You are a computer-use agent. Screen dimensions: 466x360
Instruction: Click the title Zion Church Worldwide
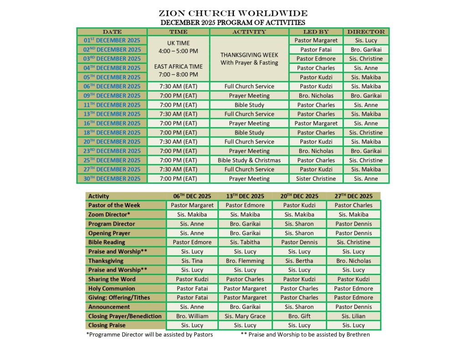233,13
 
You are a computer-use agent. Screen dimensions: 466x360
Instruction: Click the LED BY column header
316,32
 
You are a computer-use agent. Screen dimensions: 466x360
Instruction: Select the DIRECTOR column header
366,32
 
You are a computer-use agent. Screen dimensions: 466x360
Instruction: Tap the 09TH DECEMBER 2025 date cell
112,96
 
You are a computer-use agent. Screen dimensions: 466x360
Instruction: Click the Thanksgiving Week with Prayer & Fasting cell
249,58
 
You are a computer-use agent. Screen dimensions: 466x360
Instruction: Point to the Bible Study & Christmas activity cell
249,160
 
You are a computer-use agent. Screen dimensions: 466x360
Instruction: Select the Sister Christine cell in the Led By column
316,179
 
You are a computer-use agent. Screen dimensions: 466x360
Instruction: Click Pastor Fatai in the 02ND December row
316,50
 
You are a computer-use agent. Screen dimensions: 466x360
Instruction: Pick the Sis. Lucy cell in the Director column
366,41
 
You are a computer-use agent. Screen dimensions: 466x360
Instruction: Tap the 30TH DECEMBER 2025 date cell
112,179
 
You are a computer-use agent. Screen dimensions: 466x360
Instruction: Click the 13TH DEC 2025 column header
245,196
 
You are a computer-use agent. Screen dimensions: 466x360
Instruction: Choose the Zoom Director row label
109,214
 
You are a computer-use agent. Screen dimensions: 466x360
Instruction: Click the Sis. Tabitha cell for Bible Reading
245,242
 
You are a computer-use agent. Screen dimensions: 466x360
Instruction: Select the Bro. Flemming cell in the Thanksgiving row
245,261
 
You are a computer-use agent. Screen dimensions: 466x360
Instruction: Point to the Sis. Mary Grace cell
245,316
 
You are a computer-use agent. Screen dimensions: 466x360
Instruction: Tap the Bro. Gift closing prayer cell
299,316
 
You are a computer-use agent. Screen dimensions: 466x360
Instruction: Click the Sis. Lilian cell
353,316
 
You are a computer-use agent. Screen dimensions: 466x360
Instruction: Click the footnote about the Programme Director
149,335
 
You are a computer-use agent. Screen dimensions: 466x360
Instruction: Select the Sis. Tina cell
192,261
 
